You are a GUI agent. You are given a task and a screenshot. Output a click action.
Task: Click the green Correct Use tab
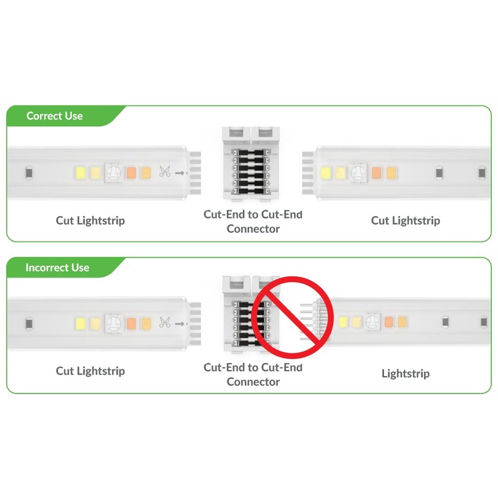pyautogui.click(x=55, y=116)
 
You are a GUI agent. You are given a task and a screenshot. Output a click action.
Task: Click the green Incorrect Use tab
pyautogui.click(x=57, y=268)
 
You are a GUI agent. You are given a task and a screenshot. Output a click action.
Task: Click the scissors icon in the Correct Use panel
pyautogui.click(x=165, y=172)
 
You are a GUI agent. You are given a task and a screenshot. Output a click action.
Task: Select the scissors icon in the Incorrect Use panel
pyautogui.click(x=165, y=322)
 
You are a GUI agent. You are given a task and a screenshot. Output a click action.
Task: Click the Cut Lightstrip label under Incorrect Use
pyautogui.click(x=90, y=371)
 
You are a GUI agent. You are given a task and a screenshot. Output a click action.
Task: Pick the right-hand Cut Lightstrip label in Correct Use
pyautogui.click(x=405, y=220)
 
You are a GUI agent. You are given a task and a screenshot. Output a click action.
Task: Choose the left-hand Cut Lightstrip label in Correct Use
pyautogui.click(x=90, y=220)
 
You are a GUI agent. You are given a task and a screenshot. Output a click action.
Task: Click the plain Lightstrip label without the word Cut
pyautogui.click(x=405, y=374)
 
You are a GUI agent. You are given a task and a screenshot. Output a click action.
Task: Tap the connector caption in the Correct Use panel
pyautogui.click(x=253, y=222)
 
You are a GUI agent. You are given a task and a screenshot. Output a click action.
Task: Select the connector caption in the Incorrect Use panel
pyautogui.click(x=253, y=374)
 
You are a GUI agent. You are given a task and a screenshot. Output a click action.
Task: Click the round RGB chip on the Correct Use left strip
pyautogui.click(x=113, y=172)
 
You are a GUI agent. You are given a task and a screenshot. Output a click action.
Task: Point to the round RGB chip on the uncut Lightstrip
pyautogui.click(x=372, y=322)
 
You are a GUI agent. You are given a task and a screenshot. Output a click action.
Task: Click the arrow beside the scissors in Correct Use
pyautogui.click(x=180, y=172)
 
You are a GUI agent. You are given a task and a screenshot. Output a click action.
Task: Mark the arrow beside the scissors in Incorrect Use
pyautogui.click(x=180, y=323)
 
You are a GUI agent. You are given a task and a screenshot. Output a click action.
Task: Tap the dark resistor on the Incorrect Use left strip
pyautogui.click(x=29, y=323)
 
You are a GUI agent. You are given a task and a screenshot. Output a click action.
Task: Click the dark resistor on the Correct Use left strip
pyautogui.click(x=29, y=172)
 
